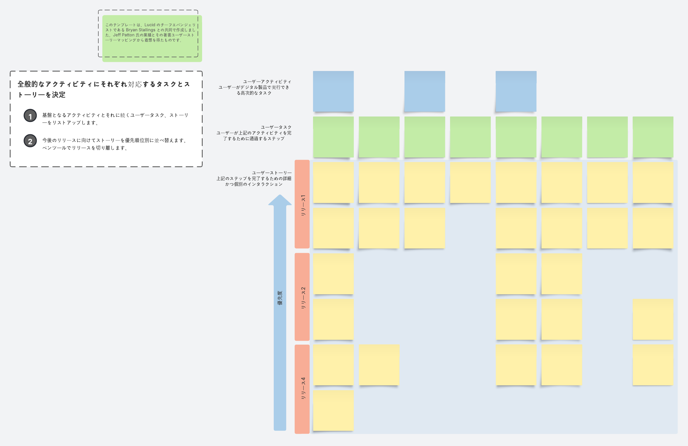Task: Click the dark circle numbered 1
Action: click(30, 116)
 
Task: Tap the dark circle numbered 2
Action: click(30, 141)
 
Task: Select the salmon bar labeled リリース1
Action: click(302, 204)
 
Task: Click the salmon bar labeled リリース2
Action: click(302, 297)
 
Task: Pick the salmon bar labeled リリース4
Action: click(302, 389)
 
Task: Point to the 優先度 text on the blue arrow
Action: click(280, 298)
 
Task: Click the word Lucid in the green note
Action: click(150, 25)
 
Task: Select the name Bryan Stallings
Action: click(140, 30)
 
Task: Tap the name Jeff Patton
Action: click(124, 35)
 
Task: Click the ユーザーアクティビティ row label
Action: click(267, 82)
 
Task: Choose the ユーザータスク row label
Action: click(276, 127)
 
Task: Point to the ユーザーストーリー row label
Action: click(272, 173)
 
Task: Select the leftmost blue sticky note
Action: click(333, 91)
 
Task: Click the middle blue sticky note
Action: click(425, 91)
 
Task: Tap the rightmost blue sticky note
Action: click(516, 91)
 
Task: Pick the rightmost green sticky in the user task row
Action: click(653, 137)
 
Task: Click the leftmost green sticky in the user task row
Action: click(333, 137)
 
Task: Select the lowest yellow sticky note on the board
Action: click(333, 411)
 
